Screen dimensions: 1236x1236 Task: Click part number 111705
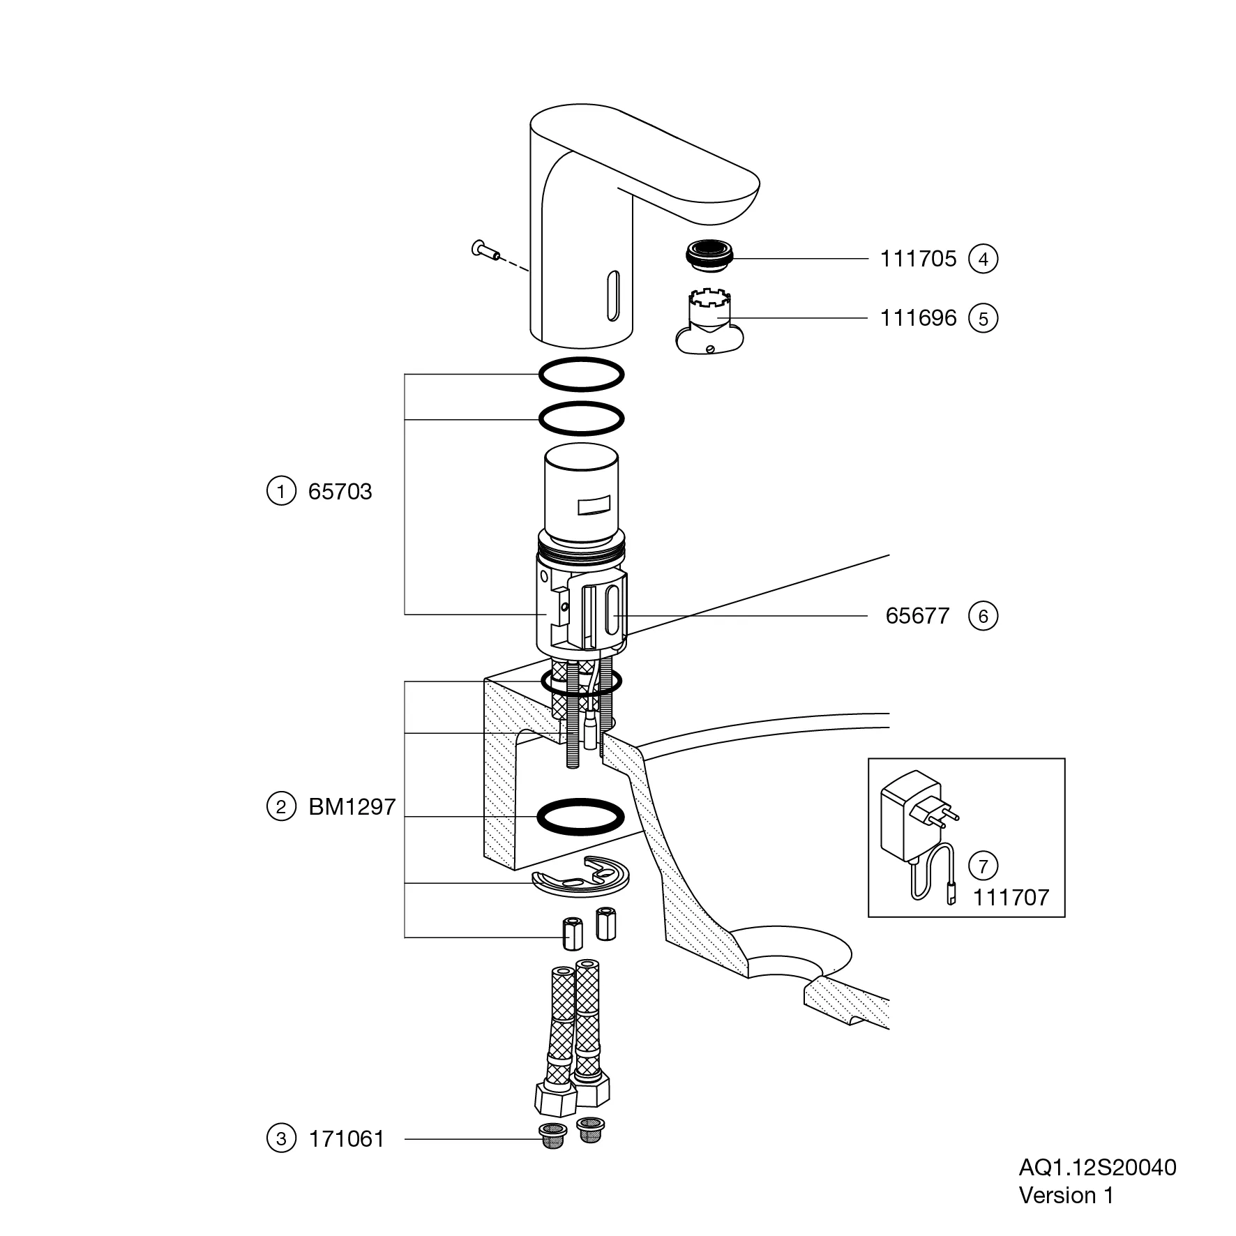[917, 259]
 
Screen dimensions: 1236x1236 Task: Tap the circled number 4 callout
[983, 259]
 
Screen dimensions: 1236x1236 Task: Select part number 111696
[917, 319]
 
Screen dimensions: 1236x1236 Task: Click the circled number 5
[983, 319]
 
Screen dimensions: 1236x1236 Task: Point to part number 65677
[917, 617]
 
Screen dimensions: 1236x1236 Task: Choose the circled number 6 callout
[983, 617]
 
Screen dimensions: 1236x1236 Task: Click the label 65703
[340, 492]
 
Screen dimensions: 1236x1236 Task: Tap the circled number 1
[281, 492]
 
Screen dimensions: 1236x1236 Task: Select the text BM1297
[352, 807]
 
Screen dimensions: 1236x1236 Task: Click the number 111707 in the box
[1011, 898]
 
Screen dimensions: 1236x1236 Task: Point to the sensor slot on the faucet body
[613, 296]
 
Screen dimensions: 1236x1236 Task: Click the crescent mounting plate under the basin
[580, 877]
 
